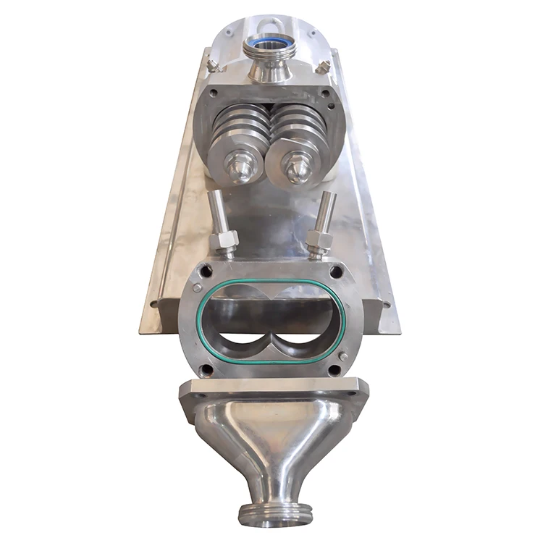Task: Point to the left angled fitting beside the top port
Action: pyautogui.click(x=213, y=66)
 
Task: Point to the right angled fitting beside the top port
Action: pyautogui.click(x=323, y=67)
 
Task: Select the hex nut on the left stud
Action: pyautogui.click(x=225, y=240)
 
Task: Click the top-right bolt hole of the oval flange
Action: pyautogui.click(x=335, y=272)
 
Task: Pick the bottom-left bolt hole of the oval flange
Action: pyautogui.click(x=208, y=370)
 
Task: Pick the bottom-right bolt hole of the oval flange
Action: pyautogui.click(x=335, y=370)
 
